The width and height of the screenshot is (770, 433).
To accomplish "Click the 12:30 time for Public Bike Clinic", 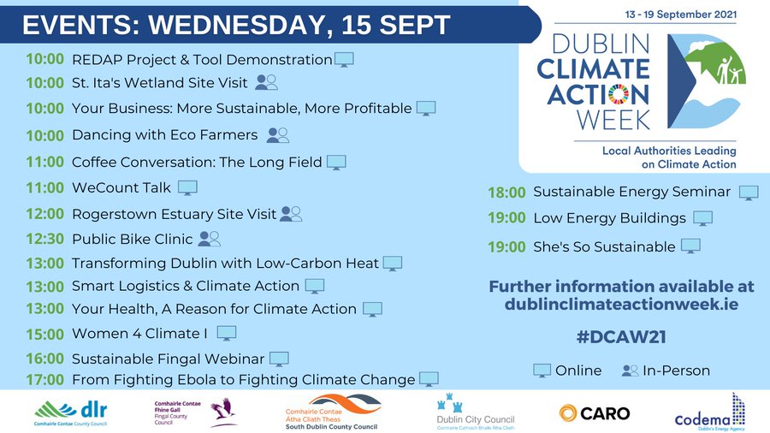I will click(x=44, y=240).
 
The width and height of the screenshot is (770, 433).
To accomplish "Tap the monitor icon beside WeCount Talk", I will click(x=187, y=187).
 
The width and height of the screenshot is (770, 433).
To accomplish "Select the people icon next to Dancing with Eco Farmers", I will click(x=278, y=135).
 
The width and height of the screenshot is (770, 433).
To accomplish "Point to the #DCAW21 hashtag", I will click(x=621, y=337).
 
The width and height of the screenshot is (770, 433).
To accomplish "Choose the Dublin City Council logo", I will click(x=475, y=412).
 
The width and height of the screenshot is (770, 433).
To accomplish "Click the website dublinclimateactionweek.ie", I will click(x=621, y=303).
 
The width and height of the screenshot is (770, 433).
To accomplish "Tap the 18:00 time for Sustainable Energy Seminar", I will click(x=506, y=193).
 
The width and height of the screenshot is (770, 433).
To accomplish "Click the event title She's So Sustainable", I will click(x=604, y=247).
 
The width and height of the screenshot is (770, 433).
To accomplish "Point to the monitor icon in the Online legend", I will click(x=542, y=371).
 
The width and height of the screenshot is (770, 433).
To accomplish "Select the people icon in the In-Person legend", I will click(x=631, y=371).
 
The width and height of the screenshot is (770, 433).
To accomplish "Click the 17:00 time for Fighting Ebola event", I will click(x=44, y=380).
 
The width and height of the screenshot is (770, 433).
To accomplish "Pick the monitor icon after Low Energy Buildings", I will click(x=702, y=218).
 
